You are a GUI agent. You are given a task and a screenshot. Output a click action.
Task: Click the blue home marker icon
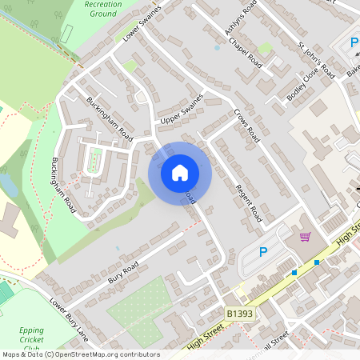(x=180, y=172)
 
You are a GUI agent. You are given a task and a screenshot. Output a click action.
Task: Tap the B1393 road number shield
(x=239, y=314)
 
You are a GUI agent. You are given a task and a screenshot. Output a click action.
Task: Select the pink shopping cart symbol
(x=305, y=237)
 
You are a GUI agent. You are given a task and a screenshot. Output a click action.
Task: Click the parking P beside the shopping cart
(x=263, y=252)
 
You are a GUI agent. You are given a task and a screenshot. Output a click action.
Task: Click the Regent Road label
(x=249, y=203)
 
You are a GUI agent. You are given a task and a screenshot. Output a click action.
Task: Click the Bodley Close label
(x=303, y=87)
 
